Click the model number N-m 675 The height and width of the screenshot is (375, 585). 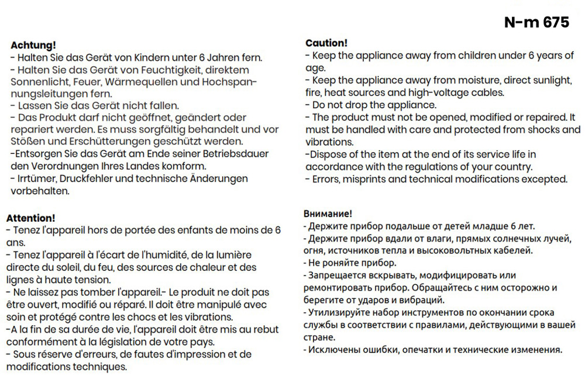tap(536, 23)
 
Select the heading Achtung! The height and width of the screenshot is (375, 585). tap(33, 45)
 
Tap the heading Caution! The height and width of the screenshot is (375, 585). tap(326, 43)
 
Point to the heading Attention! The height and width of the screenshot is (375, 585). tap(30, 218)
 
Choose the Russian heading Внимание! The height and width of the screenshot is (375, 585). tap(328, 214)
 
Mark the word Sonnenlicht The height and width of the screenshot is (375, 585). tap(37, 82)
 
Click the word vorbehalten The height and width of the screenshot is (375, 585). tap(40, 191)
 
